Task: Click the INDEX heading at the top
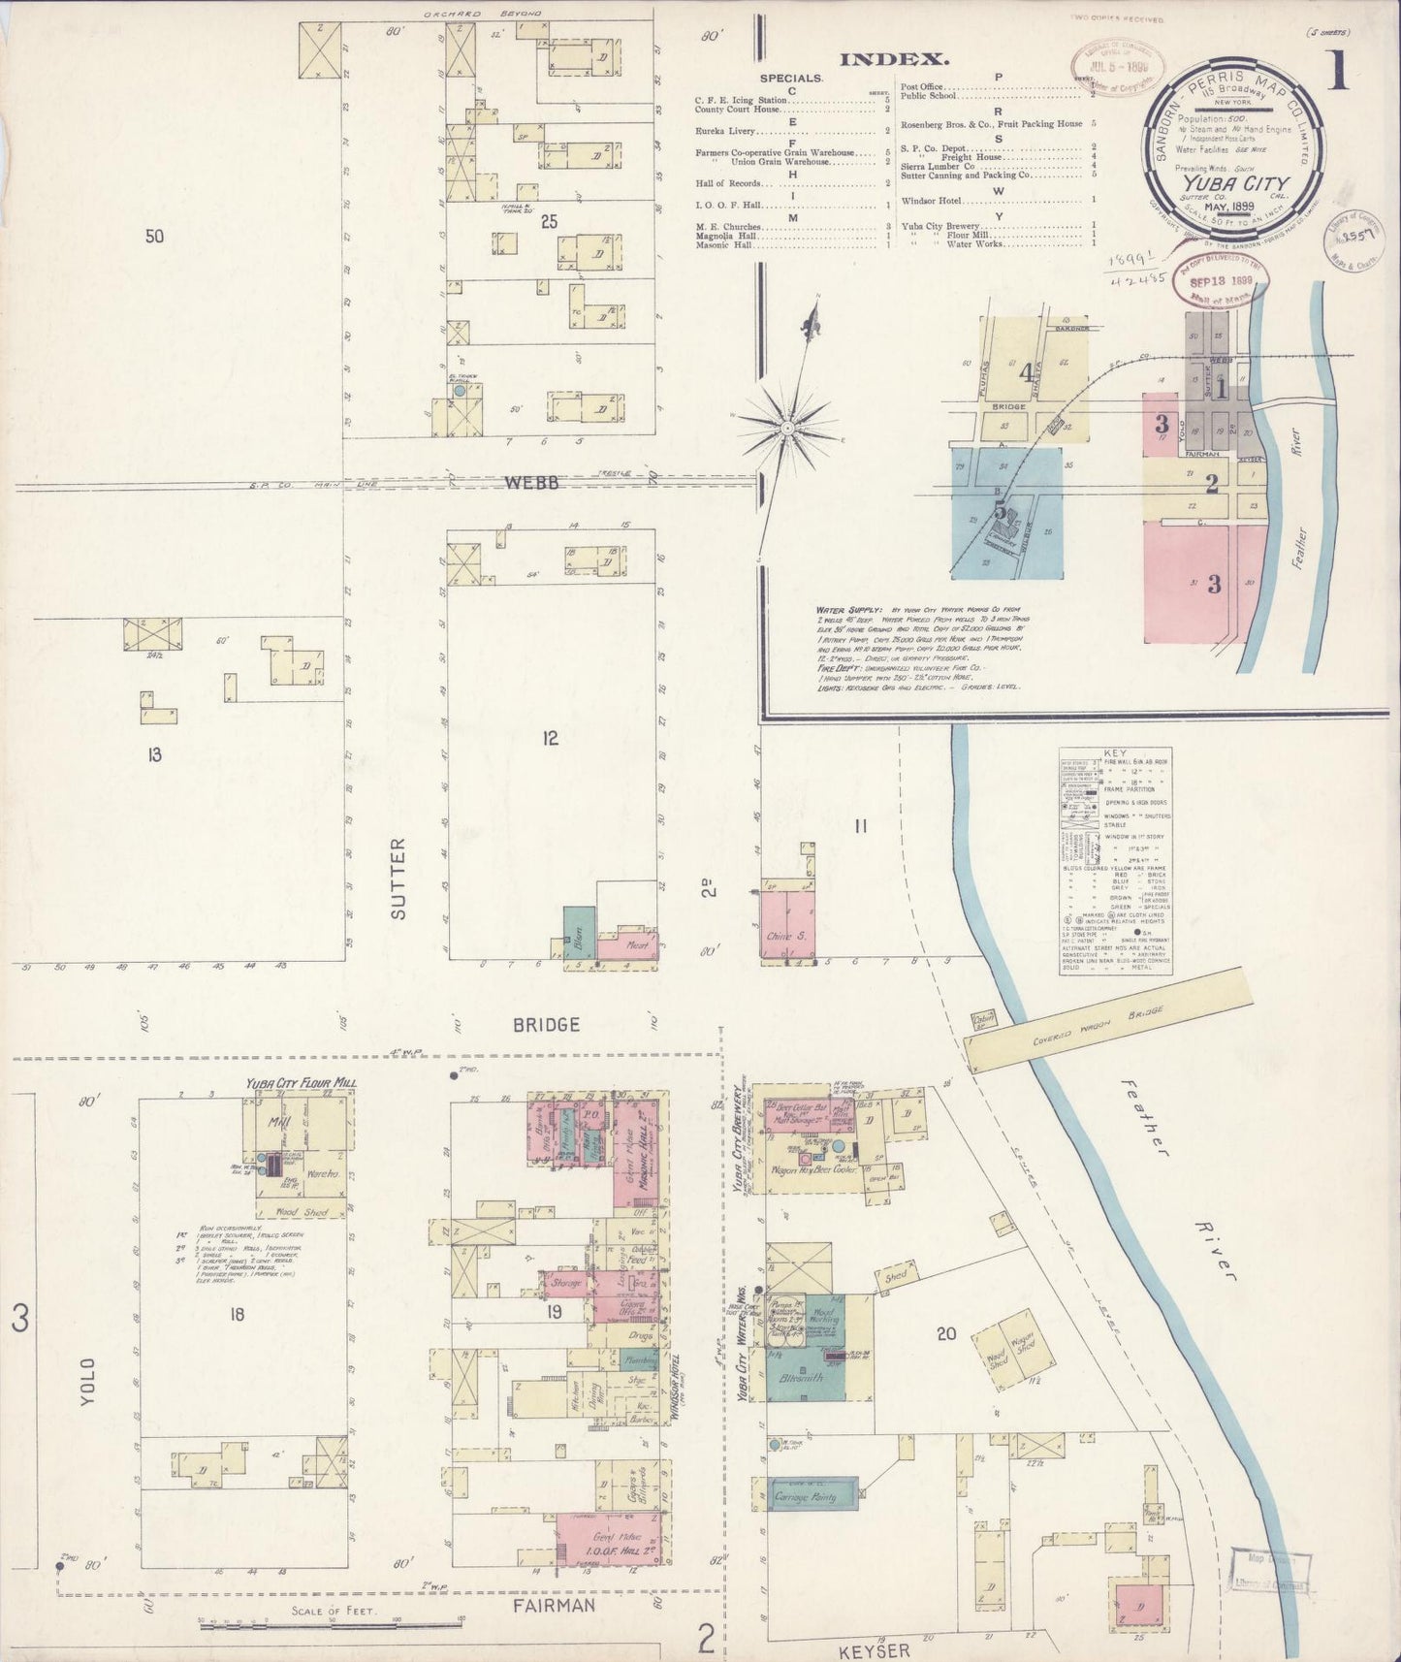pyautogui.click(x=894, y=59)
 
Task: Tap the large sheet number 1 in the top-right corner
pyautogui.click(x=1339, y=72)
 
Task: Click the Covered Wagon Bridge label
pyautogui.click(x=1102, y=1030)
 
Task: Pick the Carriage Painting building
pyautogui.click(x=812, y=1496)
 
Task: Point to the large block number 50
pyautogui.click(x=154, y=235)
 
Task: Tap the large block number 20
pyautogui.click(x=946, y=1333)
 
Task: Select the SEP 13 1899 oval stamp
pyautogui.click(x=1212, y=280)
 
